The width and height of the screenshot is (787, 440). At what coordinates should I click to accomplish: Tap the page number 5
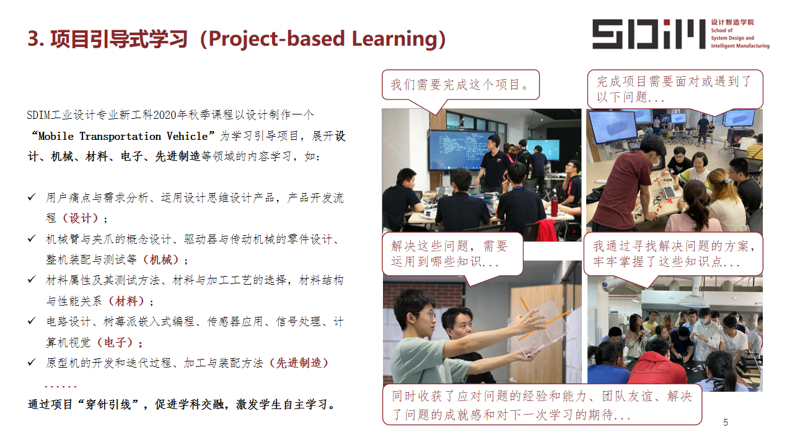click(726, 422)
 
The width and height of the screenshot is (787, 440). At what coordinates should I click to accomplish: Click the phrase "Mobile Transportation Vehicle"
click(123, 136)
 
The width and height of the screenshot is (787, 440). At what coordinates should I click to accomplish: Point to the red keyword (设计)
click(80, 218)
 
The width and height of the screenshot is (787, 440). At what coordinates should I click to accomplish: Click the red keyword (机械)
click(161, 260)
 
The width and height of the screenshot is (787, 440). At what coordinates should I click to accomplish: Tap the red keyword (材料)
click(126, 301)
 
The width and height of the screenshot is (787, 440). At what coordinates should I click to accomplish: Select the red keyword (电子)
click(115, 342)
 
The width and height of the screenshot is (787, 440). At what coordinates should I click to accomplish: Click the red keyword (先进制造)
click(299, 363)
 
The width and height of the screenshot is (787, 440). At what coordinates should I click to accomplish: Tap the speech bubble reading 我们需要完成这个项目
click(460, 85)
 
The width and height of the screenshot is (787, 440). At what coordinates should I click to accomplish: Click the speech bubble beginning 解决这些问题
click(452, 254)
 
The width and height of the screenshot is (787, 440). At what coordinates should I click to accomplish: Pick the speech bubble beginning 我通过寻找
click(673, 254)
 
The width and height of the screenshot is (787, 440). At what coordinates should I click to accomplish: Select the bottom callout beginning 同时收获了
click(542, 405)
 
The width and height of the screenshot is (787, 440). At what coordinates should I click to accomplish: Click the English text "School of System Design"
click(732, 34)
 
